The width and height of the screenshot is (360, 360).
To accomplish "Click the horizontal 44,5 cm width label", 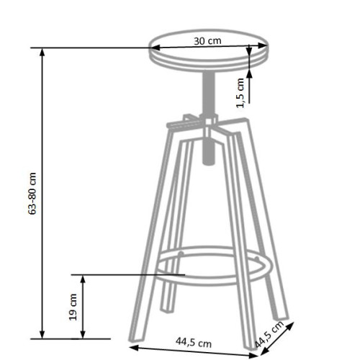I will point(192,343).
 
